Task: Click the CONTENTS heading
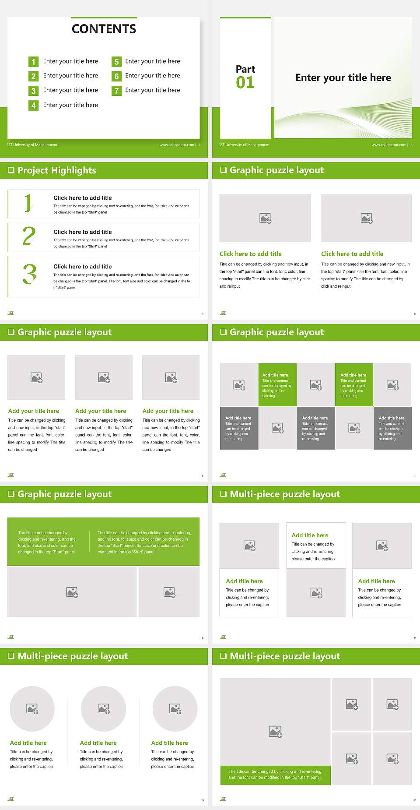click(104, 29)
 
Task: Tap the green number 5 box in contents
click(116, 62)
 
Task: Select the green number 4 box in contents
click(33, 106)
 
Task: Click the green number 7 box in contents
click(116, 91)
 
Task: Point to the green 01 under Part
click(245, 83)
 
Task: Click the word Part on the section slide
click(245, 69)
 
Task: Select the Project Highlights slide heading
click(56, 170)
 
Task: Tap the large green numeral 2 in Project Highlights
click(29, 236)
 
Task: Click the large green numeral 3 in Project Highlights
click(30, 274)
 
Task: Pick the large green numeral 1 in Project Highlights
click(28, 203)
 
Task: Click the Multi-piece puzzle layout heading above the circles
click(73, 656)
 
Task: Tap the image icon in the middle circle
click(104, 708)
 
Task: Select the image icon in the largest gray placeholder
click(275, 731)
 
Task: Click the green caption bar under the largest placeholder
click(275, 775)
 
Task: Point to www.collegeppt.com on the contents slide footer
click(176, 145)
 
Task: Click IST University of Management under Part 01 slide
click(244, 145)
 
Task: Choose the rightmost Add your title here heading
click(168, 411)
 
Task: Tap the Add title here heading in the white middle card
click(310, 535)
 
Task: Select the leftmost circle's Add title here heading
click(28, 743)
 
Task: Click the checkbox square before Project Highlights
click(11, 170)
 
